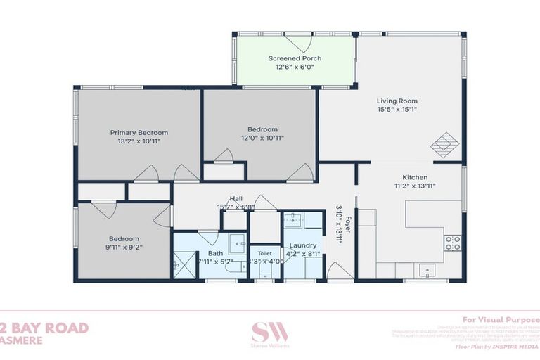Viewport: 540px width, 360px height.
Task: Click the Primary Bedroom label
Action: click(139, 132)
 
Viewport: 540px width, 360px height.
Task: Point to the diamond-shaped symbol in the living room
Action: click(444, 146)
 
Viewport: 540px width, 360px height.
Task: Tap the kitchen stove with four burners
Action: click(452, 243)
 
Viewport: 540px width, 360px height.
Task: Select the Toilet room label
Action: click(264, 252)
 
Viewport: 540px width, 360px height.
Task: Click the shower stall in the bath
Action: click(186, 266)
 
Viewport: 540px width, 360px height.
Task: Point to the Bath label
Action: click(214, 253)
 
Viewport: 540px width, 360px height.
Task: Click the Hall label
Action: click(236, 199)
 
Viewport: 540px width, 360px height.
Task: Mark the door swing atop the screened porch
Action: click(297, 42)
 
